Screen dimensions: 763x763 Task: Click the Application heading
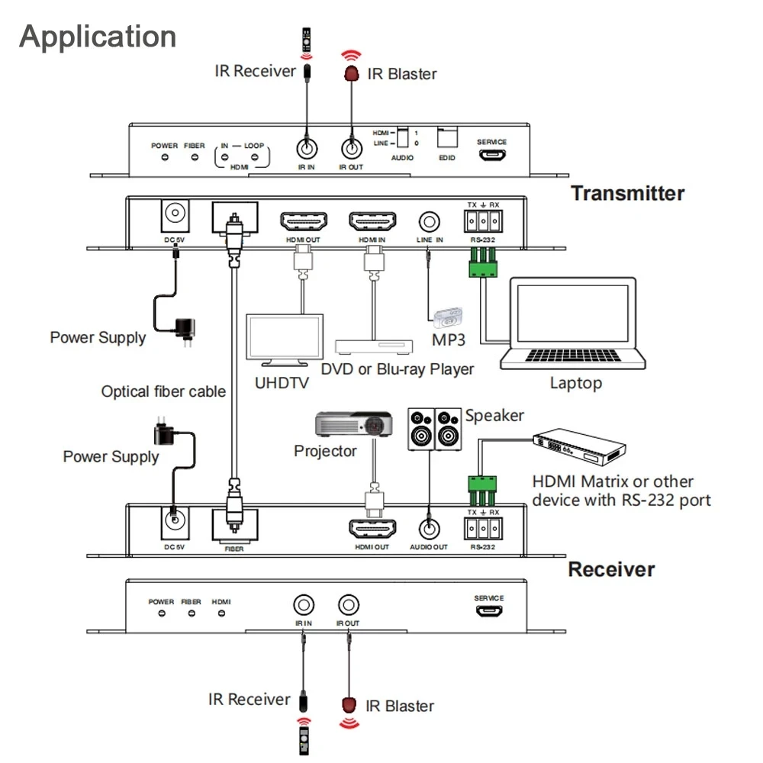98,37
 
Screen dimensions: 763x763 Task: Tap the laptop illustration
572,324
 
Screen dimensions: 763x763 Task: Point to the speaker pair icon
434,429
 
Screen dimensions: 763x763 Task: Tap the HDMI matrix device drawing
580,451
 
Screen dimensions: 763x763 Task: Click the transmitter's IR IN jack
306,146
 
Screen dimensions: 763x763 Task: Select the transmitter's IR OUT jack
351,146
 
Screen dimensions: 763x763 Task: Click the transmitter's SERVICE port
491,155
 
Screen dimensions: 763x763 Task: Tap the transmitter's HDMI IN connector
372,222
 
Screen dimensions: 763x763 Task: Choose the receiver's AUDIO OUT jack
429,527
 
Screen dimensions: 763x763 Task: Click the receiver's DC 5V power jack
175,523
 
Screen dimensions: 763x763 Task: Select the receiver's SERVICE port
489,612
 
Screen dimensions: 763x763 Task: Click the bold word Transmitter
627,193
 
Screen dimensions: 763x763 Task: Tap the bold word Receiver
611,569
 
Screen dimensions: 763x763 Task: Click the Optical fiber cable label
163,391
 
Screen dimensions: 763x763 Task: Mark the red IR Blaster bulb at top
352,73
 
